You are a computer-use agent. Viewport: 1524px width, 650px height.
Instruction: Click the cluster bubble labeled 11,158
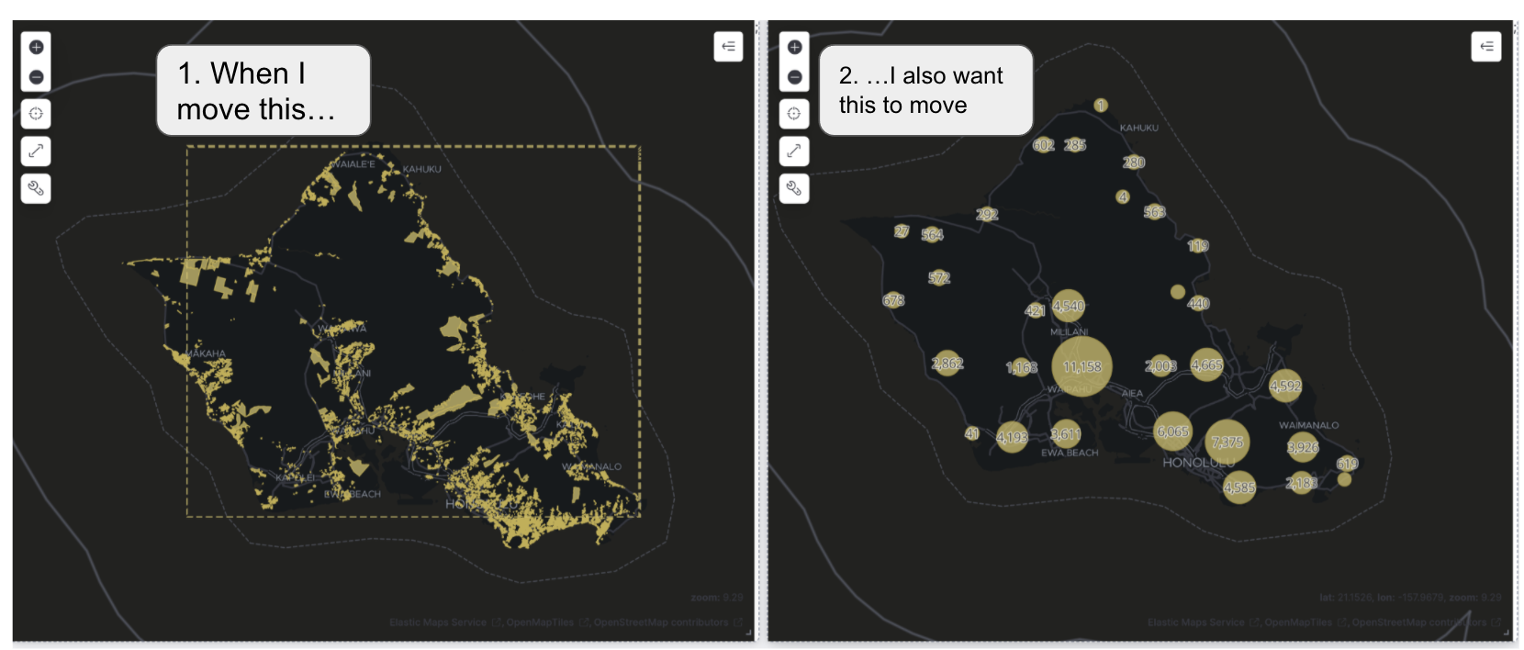pos(1081,366)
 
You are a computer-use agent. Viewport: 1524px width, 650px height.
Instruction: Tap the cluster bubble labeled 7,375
pos(1227,442)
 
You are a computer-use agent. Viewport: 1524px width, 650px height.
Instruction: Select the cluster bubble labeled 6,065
pos(1172,431)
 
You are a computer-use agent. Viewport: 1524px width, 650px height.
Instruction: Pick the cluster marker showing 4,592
pos(1285,386)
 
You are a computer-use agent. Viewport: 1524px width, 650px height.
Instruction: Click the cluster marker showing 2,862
pos(947,364)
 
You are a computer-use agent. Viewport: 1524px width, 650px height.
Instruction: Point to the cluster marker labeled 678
pos(893,300)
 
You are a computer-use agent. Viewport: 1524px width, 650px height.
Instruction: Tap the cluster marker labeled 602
pos(1043,145)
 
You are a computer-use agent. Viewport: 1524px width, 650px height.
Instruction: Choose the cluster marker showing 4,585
pos(1239,487)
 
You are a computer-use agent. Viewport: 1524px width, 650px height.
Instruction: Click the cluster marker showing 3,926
pos(1302,447)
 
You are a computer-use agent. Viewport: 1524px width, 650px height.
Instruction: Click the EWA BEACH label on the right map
pos(1070,453)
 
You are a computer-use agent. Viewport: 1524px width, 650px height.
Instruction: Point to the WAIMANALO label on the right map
pos(1308,425)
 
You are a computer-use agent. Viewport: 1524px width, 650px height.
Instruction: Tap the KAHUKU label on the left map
pos(422,169)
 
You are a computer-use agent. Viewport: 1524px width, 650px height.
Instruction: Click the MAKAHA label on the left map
pos(206,353)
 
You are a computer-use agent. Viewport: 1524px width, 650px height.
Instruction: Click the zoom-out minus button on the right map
pos(795,77)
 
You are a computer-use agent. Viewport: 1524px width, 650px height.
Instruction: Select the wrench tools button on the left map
pos(36,188)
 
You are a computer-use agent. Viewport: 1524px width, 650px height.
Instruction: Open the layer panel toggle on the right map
pos(1486,46)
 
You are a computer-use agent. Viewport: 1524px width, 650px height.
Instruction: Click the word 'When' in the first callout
pos(250,73)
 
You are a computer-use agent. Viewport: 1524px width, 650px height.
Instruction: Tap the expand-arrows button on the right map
pos(795,151)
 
